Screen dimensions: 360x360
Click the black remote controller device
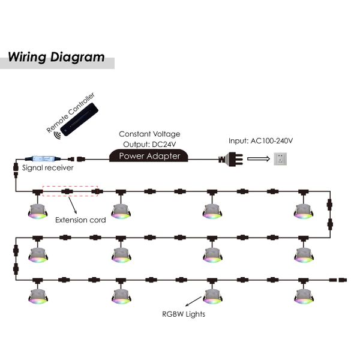point(79,119)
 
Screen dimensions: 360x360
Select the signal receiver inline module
point(43,158)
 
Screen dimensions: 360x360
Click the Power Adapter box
point(149,155)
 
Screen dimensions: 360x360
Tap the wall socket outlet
point(280,159)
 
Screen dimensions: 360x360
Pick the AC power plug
point(231,159)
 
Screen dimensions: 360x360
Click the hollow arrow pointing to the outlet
point(259,159)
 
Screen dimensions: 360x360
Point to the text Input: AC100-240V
point(260,141)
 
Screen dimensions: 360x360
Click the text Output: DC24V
point(149,145)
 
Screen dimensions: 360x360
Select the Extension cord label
point(80,220)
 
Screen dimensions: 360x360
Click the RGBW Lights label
point(184,314)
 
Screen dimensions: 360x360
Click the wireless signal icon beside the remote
point(58,135)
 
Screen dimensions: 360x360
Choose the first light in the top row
point(38,211)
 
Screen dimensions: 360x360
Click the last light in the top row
point(303,211)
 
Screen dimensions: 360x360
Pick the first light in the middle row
point(38,255)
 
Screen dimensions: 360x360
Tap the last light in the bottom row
point(304,296)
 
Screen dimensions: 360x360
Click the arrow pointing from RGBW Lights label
point(193,301)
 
